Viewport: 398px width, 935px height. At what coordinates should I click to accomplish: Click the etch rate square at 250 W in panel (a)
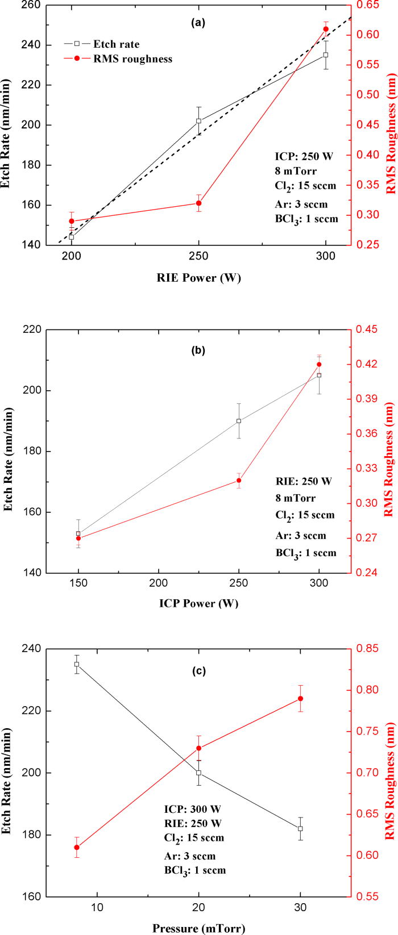pos(198,121)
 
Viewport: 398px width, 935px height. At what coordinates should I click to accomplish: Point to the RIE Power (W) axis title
pos(199,278)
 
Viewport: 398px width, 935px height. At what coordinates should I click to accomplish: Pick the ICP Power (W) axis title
pos(199,603)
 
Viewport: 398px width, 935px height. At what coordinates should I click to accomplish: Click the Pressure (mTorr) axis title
pos(199,929)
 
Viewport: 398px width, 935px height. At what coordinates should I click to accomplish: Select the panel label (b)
pos(198,350)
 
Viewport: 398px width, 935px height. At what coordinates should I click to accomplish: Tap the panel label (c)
pos(198,671)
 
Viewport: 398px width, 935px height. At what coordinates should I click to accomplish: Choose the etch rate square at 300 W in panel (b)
pos(319,375)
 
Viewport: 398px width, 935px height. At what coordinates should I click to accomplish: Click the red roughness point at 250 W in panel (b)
pos(239,481)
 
